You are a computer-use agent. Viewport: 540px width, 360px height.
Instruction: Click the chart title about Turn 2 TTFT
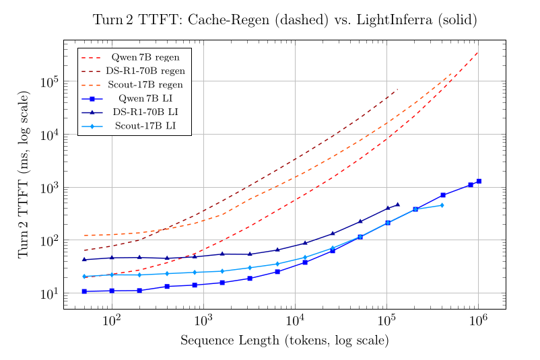tap(285, 20)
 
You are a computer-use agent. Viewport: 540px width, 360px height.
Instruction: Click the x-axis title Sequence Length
tap(285, 340)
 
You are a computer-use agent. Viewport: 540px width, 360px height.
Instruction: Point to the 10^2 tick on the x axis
tap(112, 320)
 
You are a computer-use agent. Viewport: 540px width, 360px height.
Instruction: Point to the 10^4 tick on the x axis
tap(295, 320)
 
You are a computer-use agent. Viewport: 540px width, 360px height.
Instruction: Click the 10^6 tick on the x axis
tap(478, 320)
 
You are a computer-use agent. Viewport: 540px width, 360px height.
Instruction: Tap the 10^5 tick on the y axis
tap(50, 82)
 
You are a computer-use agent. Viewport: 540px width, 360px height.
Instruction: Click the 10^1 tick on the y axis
tap(50, 293)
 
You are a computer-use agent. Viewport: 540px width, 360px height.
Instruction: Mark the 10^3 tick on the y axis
tap(50, 188)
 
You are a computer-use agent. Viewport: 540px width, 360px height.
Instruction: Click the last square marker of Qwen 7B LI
tap(479, 181)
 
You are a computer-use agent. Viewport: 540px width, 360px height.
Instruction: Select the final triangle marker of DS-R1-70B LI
tap(398, 205)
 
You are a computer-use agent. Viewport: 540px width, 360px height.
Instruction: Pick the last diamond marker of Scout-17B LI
tap(442, 205)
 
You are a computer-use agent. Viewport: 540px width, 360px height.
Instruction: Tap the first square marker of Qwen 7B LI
tap(84, 291)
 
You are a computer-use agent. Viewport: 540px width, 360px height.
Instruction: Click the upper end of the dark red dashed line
tap(398, 89)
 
